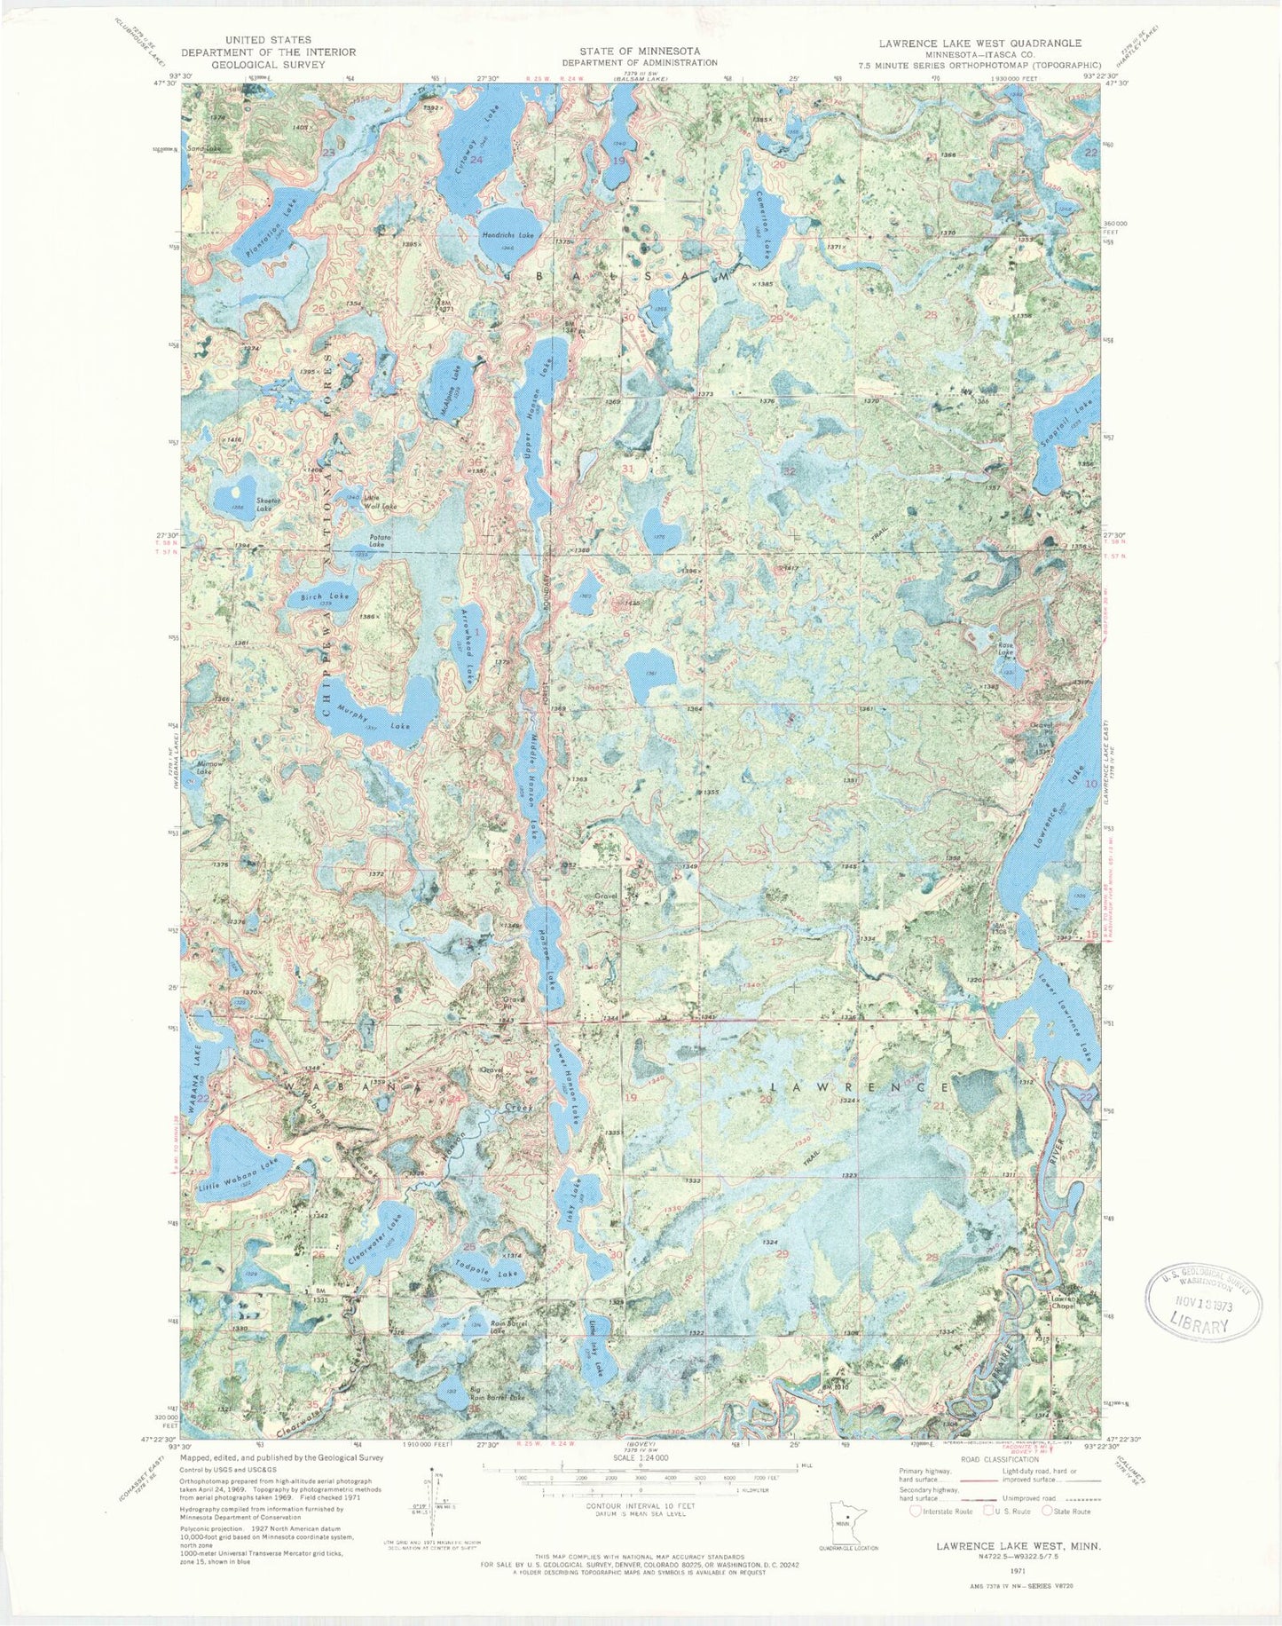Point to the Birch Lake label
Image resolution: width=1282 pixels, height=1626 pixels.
[324, 597]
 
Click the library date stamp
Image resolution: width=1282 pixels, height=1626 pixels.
[1205, 1300]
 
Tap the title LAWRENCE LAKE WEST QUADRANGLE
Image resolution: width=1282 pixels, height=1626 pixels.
[979, 43]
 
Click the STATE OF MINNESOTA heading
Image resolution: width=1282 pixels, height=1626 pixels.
[639, 51]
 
